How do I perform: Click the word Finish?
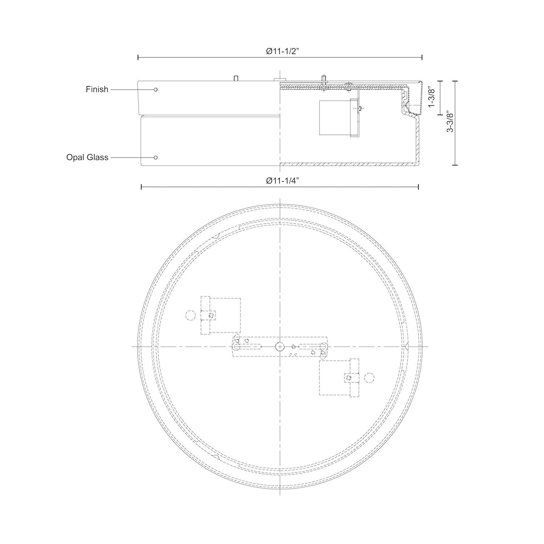[97, 89]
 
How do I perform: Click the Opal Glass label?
[87, 157]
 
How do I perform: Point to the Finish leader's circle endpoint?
[156, 89]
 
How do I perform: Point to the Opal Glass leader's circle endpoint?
[156, 157]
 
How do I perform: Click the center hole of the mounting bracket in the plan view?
[279, 346]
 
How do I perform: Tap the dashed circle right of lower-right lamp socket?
[369, 378]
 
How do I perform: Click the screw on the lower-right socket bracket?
[349, 378]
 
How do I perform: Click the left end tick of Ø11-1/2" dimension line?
[138, 57]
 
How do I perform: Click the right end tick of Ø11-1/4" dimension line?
[419, 187]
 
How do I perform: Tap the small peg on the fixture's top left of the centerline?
[236, 78]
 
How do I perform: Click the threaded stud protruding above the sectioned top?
[323, 79]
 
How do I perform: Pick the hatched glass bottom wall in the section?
[348, 164]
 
